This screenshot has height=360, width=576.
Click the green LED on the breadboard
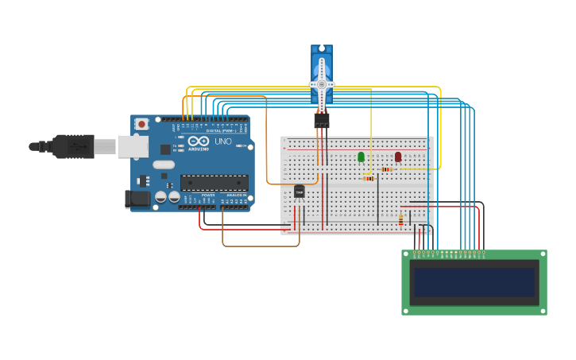[x=361, y=157]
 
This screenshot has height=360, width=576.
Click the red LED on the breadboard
[x=398, y=157]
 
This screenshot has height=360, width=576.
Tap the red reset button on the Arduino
[x=141, y=124]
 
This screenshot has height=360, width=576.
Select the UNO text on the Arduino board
[x=222, y=141]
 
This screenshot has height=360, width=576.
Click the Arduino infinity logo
[x=199, y=141]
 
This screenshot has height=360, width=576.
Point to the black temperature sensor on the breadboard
[x=299, y=191]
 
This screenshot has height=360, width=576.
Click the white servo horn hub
[x=322, y=84]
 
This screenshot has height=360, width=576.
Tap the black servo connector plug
[x=321, y=120]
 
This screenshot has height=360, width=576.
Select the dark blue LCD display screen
[x=474, y=282]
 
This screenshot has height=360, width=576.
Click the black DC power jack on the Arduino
[x=137, y=199]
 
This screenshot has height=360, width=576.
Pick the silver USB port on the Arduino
[x=133, y=146]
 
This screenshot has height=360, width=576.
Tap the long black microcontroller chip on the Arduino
[x=214, y=183]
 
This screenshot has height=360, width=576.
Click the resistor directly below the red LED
[x=387, y=169]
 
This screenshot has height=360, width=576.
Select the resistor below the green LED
[x=368, y=179]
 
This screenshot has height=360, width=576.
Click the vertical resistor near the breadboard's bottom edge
[x=400, y=219]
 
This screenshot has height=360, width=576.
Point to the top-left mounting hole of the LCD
[x=406, y=254]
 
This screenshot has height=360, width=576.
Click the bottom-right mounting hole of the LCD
[x=543, y=311]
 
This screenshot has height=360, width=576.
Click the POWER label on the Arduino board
[x=207, y=195]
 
